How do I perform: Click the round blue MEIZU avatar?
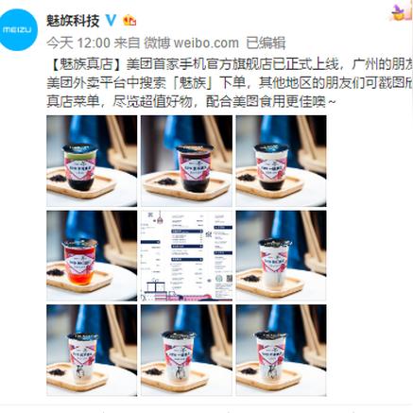(20, 30)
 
